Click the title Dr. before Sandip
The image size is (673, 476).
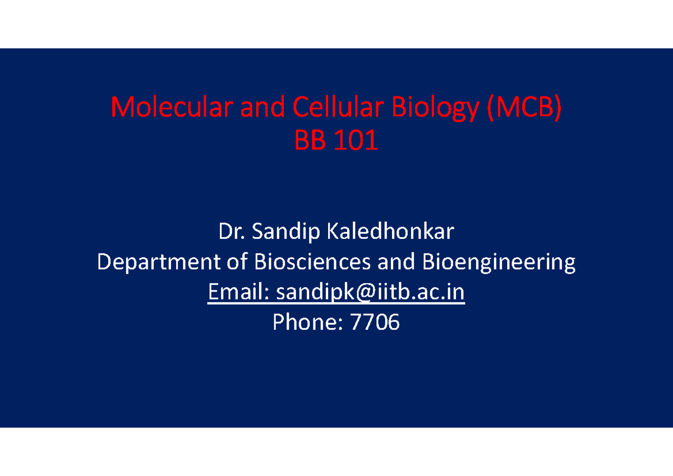tap(232, 231)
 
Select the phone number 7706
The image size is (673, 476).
tap(375, 322)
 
